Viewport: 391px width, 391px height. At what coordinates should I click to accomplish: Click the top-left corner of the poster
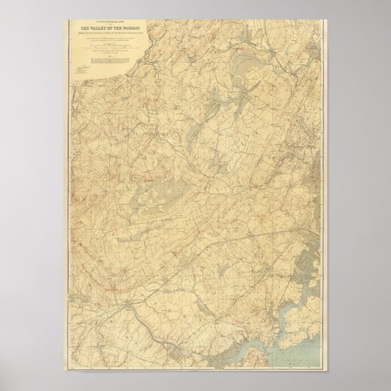[62, 19]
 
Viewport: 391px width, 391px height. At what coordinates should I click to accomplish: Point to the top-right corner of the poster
[328, 19]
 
